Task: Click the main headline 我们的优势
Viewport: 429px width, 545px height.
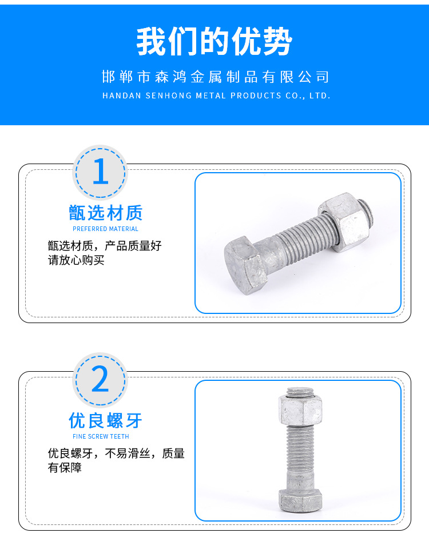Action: [x=214, y=42]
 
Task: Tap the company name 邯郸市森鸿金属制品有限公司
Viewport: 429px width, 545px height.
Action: [x=215, y=77]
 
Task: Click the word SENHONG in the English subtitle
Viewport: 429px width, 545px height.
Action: [x=168, y=96]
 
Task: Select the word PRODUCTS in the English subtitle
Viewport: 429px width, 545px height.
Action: [x=256, y=96]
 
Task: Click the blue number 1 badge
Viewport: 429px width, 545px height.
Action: [x=100, y=172]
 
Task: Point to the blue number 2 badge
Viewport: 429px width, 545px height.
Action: [x=100, y=380]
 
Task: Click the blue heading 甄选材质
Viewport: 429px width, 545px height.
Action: [x=106, y=213]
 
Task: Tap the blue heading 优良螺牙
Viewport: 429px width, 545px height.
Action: [x=105, y=420]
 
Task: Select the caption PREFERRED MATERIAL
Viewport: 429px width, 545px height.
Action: [x=105, y=229]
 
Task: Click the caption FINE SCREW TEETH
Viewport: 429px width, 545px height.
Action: [x=101, y=436]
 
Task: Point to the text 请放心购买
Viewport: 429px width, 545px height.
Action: [x=76, y=260]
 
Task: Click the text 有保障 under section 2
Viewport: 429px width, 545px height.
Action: [x=65, y=467]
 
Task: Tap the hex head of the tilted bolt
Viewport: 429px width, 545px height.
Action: [x=245, y=265]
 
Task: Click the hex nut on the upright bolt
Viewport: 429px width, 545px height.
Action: [x=300, y=410]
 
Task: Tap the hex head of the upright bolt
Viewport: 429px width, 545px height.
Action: [x=300, y=500]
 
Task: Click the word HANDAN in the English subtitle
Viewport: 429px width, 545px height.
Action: [x=122, y=96]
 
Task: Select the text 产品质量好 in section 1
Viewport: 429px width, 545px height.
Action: [x=133, y=246]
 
